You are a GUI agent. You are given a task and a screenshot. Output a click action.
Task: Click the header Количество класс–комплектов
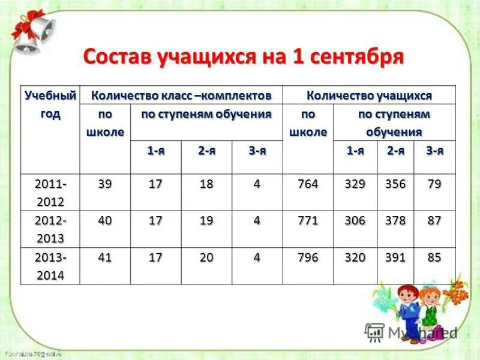181,95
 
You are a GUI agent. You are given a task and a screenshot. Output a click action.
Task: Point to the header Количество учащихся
369,95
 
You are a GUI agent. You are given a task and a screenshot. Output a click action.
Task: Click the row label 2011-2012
50,192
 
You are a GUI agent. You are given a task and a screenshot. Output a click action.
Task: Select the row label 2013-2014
50,266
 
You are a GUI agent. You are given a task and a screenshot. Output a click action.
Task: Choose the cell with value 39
104,184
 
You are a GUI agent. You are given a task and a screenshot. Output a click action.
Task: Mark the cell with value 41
104,258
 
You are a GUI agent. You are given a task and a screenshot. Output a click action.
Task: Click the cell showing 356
396,184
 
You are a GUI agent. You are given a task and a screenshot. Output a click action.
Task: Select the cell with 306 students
355,221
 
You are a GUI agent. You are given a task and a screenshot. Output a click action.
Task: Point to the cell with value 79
434,184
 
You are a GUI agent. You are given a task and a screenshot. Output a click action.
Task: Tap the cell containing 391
396,258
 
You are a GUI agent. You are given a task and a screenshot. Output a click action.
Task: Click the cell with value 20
206,258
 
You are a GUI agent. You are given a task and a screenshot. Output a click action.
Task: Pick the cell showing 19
206,221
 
